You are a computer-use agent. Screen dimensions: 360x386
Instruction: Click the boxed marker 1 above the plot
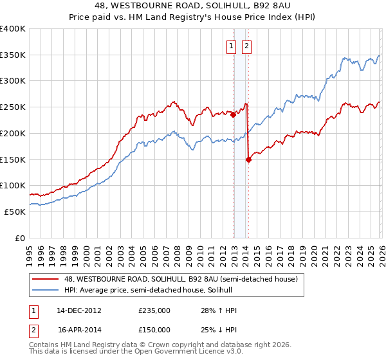point(231,46)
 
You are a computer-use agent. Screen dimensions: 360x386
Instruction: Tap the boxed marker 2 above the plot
point(246,46)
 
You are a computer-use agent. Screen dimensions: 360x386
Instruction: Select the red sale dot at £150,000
point(248,160)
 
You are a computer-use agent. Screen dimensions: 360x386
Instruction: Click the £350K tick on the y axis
point(13,55)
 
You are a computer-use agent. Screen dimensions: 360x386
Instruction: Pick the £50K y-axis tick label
point(15,212)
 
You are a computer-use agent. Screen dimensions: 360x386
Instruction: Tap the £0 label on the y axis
point(21,238)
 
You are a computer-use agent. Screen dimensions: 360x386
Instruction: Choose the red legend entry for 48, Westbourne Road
point(180,280)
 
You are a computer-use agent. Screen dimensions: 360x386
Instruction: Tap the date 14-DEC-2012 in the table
point(78,310)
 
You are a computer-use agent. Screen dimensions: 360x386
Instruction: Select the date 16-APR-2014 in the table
point(78,329)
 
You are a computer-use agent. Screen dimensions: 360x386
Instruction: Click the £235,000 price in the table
point(154,310)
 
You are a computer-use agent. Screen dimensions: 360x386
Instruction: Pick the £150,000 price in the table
point(154,329)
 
